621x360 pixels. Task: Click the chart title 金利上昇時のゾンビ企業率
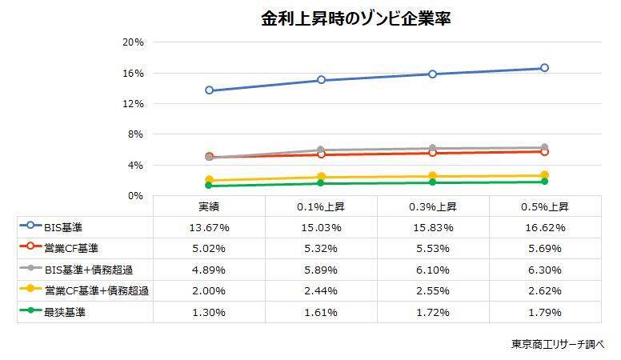(355, 18)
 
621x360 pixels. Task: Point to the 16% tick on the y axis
(133, 73)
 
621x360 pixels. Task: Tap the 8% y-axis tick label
(135, 134)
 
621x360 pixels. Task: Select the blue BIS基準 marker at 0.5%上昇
(544, 68)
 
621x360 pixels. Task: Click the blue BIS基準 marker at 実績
(209, 90)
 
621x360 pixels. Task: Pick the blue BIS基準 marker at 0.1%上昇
(321, 80)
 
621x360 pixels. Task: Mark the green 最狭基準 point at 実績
(209, 186)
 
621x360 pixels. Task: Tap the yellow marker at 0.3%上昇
(432, 176)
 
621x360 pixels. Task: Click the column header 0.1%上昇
(320, 206)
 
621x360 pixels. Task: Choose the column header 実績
(209, 206)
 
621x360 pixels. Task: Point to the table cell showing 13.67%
(209, 228)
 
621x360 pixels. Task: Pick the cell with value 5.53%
(432, 249)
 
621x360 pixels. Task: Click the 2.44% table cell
(320, 291)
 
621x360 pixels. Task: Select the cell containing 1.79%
(544, 312)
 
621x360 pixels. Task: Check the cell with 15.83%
(432, 228)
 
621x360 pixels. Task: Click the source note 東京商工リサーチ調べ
(559, 345)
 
